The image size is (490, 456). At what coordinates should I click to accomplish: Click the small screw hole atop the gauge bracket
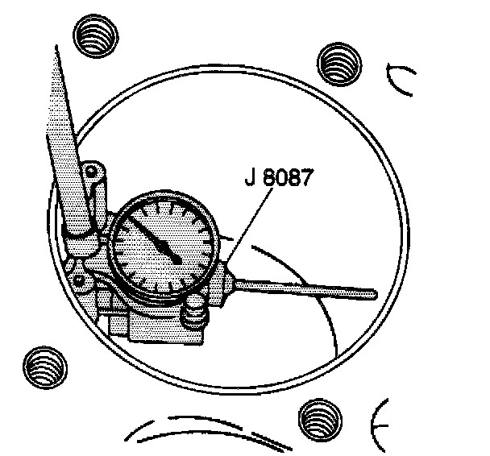pyautogui.click(x=93, y=171)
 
